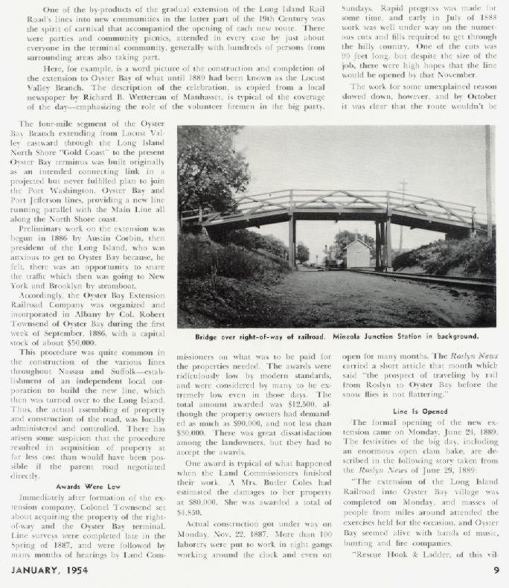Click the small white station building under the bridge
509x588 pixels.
359,253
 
